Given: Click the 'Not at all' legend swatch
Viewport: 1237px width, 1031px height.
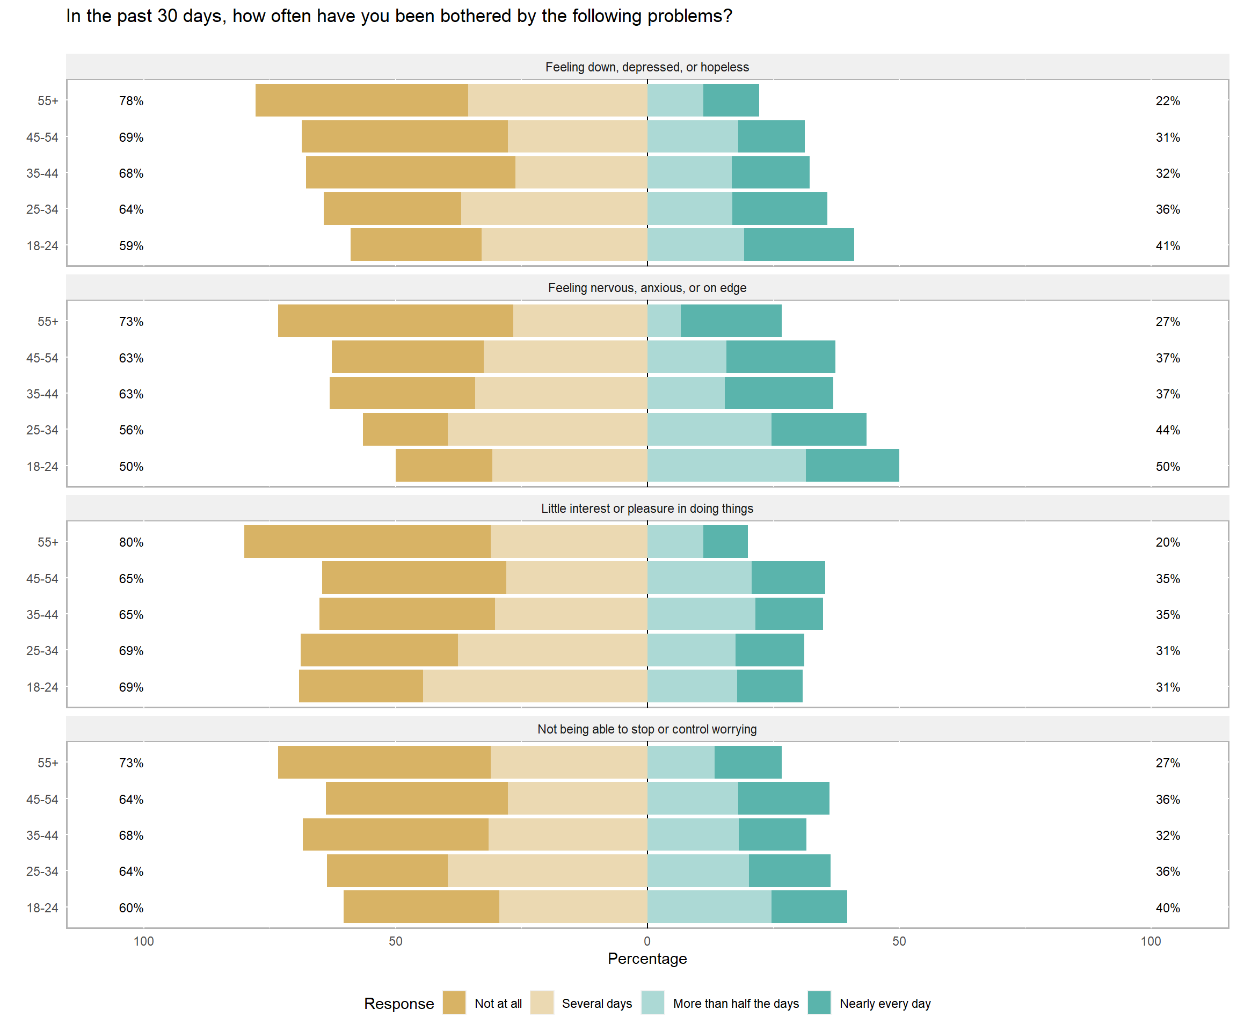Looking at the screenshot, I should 454,1003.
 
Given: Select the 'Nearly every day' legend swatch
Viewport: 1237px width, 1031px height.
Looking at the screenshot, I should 819,1003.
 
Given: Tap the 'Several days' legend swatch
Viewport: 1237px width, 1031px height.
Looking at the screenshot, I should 541,1003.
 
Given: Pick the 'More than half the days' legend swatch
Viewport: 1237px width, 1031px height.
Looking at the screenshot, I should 653,1003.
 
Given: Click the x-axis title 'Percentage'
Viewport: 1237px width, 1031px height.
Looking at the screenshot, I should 647,959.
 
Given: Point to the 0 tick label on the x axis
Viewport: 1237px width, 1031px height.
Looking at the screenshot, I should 647,941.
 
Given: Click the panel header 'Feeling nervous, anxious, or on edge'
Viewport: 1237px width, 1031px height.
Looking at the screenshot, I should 647,287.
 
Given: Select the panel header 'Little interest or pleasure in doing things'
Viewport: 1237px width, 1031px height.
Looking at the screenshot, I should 647,509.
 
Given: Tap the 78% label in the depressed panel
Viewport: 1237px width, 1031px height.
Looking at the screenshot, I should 131,101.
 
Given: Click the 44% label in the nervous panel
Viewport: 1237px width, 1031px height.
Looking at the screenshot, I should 1168,430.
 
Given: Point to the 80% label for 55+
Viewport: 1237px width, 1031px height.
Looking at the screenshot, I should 131,542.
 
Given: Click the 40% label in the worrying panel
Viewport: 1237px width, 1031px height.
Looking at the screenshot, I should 1168,908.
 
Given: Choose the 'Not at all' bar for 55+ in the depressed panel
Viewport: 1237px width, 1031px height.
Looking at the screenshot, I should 362,100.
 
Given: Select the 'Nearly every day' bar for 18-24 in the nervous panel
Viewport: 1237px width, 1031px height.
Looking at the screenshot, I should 853,466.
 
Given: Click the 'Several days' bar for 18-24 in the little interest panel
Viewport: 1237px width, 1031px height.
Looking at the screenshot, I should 535,686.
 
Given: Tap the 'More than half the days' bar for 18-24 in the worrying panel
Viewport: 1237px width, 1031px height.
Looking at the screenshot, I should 709,907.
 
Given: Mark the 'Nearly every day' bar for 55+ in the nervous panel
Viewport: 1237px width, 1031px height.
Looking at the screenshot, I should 731,321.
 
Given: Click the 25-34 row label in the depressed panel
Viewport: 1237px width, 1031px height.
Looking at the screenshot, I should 42,209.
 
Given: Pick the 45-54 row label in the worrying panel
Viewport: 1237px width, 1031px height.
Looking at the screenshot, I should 42,800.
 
